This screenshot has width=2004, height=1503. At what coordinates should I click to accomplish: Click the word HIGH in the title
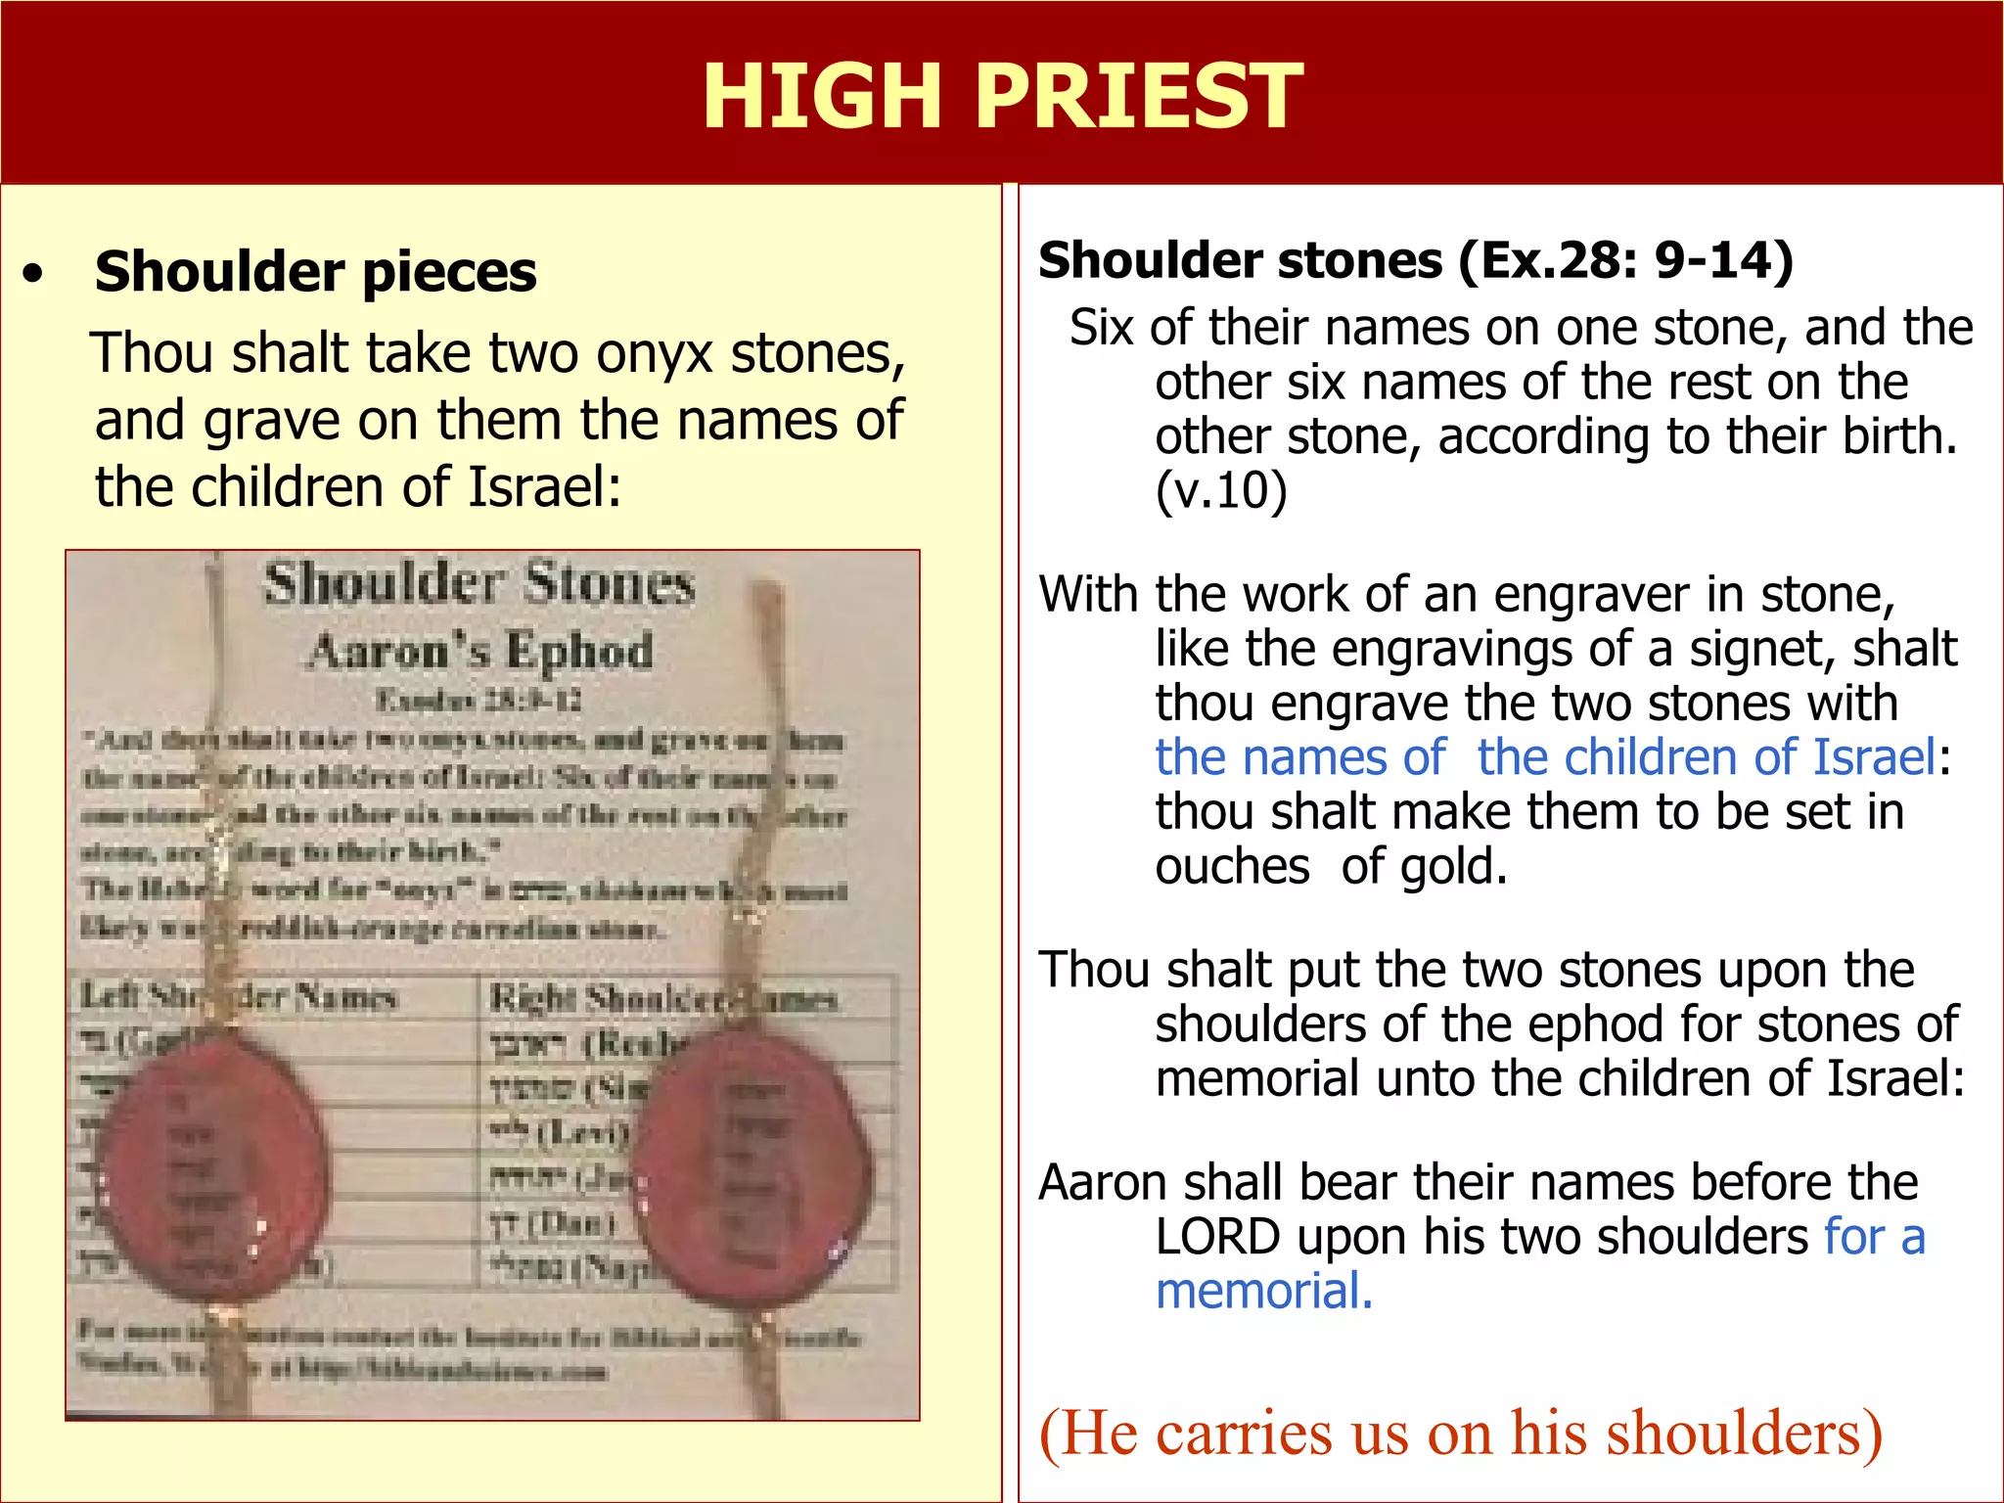point(822,96)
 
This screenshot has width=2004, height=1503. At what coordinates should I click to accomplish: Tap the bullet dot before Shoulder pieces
point(34,273)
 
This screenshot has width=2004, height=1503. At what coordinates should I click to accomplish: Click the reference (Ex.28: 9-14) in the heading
point(1625,260)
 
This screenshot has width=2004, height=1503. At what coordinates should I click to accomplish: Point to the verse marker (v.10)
point(1220,490)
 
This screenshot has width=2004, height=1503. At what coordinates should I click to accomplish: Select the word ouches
point(1232,867)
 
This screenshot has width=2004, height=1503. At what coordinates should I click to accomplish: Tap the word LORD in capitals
point(1217,1237)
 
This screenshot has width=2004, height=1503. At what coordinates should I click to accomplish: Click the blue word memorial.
point(1263,1292)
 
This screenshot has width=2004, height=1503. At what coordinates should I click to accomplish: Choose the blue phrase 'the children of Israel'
point(1706,758)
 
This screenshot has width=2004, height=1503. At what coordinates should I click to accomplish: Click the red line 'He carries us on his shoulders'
point(1460,1434)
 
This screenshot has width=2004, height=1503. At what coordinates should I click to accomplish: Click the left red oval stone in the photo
point(212,1170)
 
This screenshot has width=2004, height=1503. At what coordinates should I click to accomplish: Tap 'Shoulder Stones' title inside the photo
point(478,584)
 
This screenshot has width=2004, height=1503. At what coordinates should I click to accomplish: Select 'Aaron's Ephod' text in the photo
point(479,652)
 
